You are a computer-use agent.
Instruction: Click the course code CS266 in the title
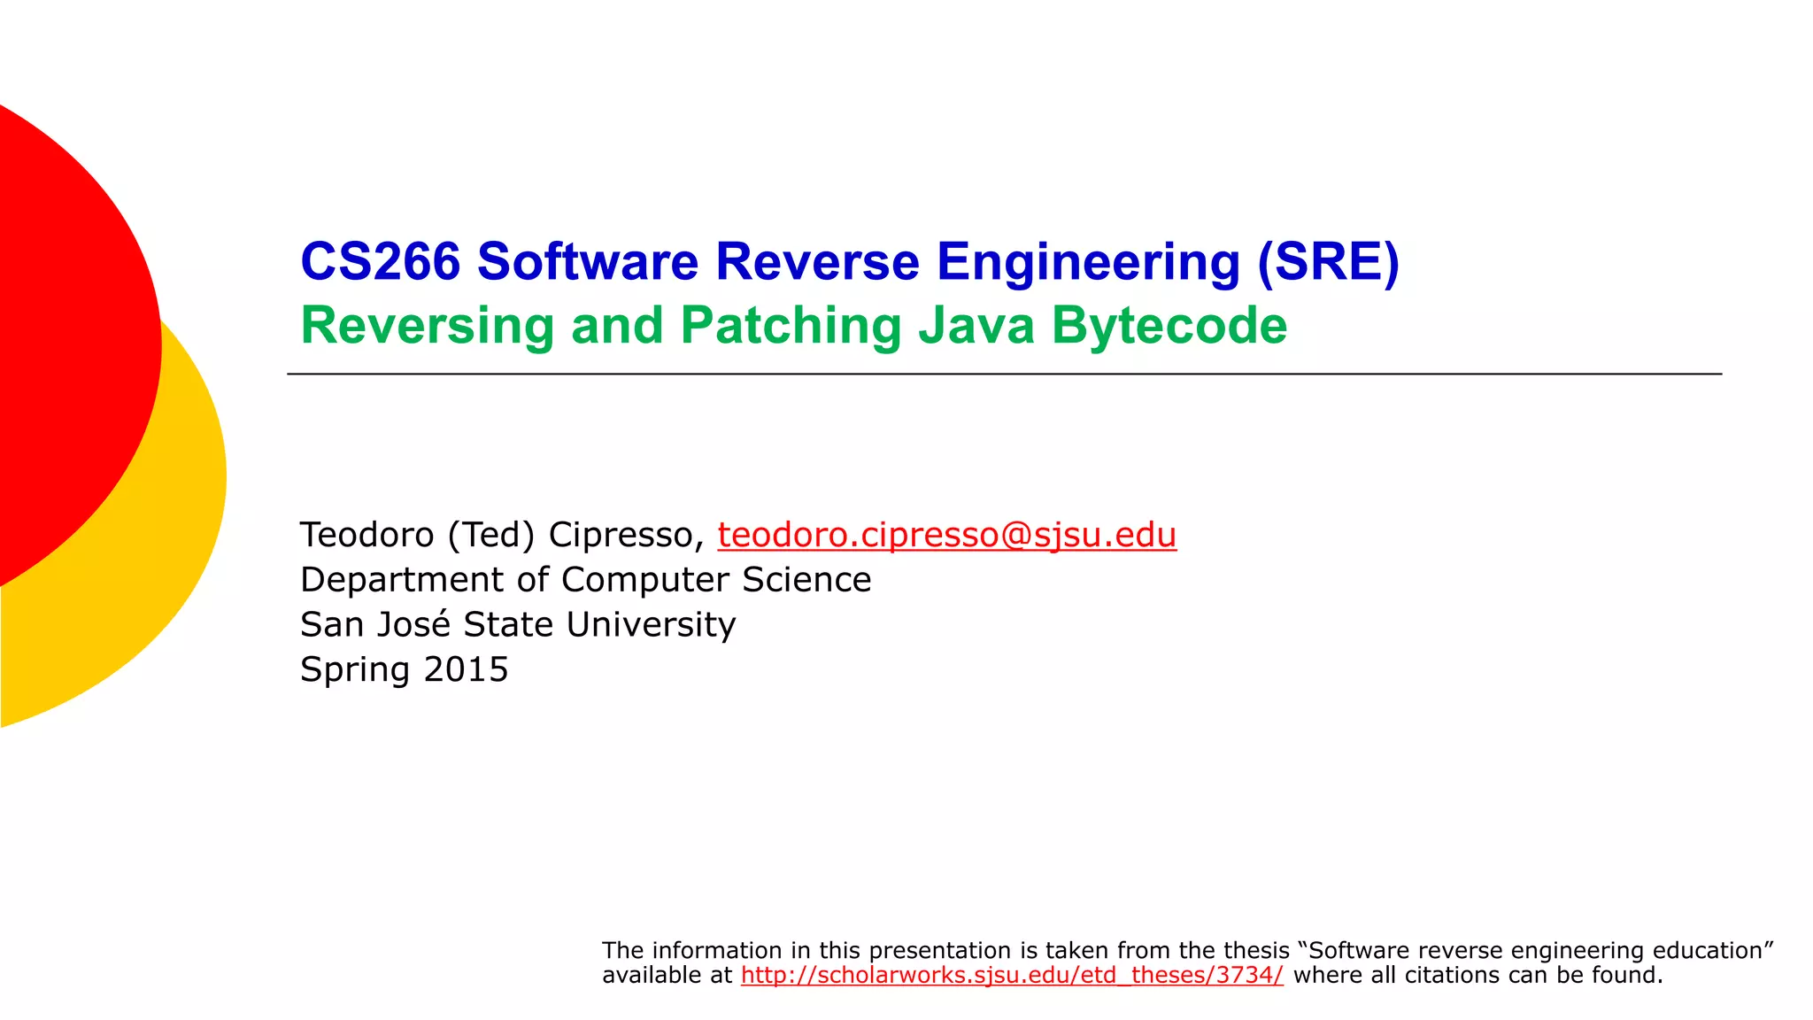pyautogui.click(x=381, y=262)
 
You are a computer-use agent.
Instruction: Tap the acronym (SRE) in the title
pyautogui.click(x=1328, y=262)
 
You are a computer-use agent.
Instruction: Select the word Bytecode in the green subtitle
pyautogui.click(x=1169, y=326)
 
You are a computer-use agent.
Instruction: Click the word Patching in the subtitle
pyautogui.click(x=791, y=326)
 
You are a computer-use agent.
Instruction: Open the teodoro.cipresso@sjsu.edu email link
pyautogui.click(x=946, y=535)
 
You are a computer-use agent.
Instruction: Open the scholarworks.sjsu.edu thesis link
pyautogui.click(x=1012, y=975)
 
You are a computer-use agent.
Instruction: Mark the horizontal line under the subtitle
pyautogui.click(x=1004, y=375)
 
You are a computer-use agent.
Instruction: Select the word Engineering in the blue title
pyautogui.click(x=1088, y=262)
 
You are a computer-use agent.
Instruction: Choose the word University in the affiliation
pyautogui.click(x=651, y=624)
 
